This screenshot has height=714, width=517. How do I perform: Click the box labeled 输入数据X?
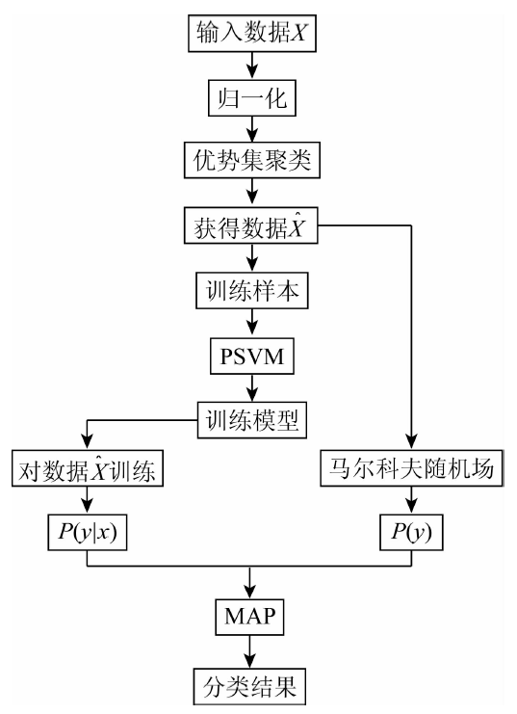pos(251,33)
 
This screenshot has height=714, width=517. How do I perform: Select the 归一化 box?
pos(251,98)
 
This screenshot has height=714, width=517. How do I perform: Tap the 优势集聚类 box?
pos(251,160)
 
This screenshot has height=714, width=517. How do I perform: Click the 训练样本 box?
pos(251,291)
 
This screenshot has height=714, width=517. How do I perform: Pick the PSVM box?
pos(251,357)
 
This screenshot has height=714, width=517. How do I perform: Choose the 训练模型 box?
pos(251,420)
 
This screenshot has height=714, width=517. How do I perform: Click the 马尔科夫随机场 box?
pos(411,468)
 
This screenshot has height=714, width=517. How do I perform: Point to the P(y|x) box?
pos(87,532)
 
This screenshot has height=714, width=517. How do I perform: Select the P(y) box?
pos(411,532)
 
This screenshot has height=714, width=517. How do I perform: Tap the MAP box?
pos(249,617)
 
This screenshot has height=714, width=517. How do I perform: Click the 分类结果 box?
pos(249,687)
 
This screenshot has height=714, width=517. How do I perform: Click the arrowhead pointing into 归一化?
pos(251,72)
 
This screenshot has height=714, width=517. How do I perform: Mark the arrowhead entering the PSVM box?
pos(251,331)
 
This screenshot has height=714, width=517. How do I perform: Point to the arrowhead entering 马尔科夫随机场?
pos(411,442)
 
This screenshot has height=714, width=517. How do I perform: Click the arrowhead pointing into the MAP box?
pos(249,591)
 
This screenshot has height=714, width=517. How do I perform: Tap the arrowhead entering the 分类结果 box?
pos(249,661)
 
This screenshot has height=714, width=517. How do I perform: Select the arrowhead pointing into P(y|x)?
pos(87,507)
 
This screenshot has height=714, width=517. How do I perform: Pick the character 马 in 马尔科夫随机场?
pos(341,468)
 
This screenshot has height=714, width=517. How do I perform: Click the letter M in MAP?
pos(234,617)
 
